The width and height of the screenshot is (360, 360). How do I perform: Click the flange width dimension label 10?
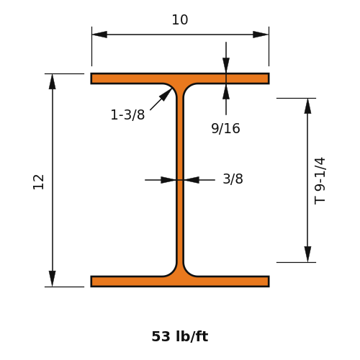pos(180,19)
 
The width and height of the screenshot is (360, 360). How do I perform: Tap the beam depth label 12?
pos(39,181)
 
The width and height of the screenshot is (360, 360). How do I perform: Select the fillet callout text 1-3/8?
pos(127,114)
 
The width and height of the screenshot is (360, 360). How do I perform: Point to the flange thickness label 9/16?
pos(225,128)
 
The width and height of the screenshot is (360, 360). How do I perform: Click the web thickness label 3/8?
pos(233,179)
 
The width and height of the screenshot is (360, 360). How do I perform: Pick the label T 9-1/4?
pos(320,181)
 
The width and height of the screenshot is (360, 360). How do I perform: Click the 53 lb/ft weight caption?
pos(180,336)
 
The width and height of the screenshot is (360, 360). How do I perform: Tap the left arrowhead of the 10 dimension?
pos(99,35)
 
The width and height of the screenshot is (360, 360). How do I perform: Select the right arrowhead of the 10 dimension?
pos(261,35)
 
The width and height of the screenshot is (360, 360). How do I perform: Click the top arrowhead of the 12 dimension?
pos(53,81)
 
